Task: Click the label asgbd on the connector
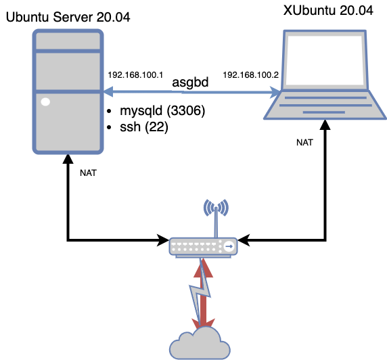coord(190,83)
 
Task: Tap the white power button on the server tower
coord(45,102)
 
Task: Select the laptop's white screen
coord(325,60)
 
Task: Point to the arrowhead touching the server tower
coord(107,91)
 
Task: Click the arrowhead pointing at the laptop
coord(276,91)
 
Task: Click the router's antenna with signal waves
coord(217,210)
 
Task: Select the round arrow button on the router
coord(229,246)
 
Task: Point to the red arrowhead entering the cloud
coord(202,323)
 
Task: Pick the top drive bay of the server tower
coord(68,41)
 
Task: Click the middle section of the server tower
coord(68,70)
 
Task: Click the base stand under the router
coord(203,256)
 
